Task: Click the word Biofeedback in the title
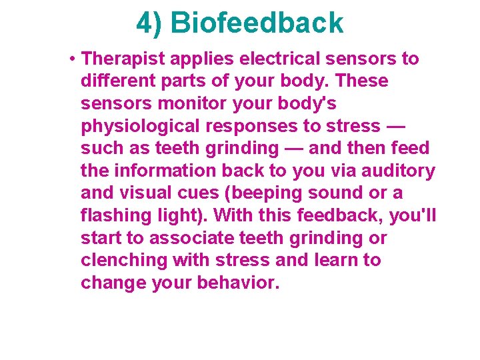[257, 23]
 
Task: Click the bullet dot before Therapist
[71, 59]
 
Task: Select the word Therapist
[123, 59]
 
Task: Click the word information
[170, 171]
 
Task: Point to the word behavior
[238, 283]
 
